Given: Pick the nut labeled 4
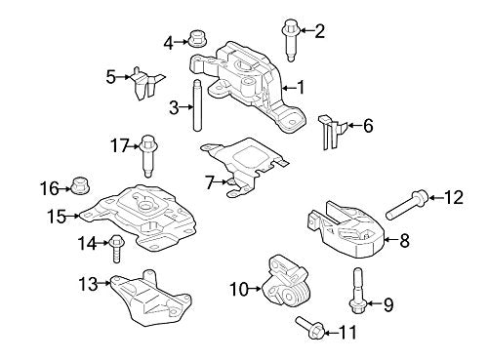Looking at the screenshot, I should pyautogui.click(x=192, y=41).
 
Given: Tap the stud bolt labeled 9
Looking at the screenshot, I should pyautogui.click(x=357, y=293).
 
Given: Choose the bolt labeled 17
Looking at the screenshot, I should pyautogui.click(x=148, y=153).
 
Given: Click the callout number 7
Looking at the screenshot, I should pyautogui.click(x=209, y=182).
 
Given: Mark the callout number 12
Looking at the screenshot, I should pyautogui.click(x=453, y=199).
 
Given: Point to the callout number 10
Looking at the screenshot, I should pyautogui.click(x=238, y=289).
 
